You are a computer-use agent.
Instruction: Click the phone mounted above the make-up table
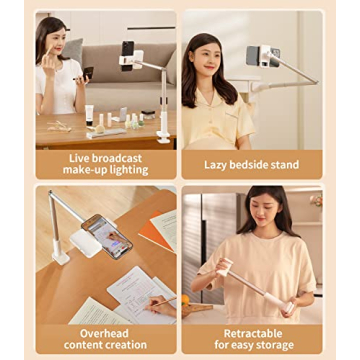click(127, 50)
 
